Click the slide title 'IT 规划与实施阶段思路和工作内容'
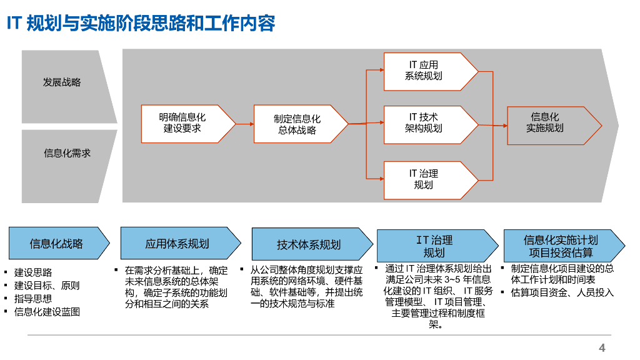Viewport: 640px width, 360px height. [141, 24]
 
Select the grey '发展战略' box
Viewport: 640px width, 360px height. [62, 83]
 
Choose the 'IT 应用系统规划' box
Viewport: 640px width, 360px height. [424, 71]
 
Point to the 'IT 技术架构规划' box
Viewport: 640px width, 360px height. [424, 123]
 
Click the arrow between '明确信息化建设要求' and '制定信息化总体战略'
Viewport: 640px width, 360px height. [245, 124]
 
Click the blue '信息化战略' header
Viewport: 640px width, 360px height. [56, 244]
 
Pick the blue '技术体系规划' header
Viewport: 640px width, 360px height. [309, 244]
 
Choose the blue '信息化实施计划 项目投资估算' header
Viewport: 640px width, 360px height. [561, 246]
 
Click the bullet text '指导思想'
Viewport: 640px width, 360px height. [33, 299]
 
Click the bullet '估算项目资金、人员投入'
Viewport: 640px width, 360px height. [562, 292]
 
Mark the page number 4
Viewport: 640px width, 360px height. [602, 348]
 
